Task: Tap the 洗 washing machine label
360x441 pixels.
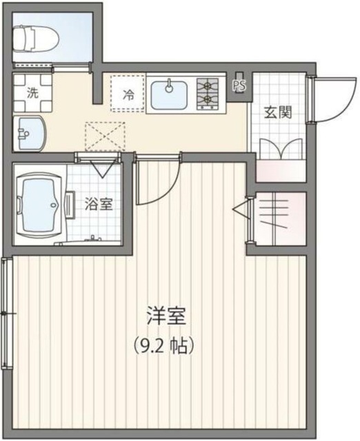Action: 32,92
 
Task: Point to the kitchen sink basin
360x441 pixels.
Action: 169,94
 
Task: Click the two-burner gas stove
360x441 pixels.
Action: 208,94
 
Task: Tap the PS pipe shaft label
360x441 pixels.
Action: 240,85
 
